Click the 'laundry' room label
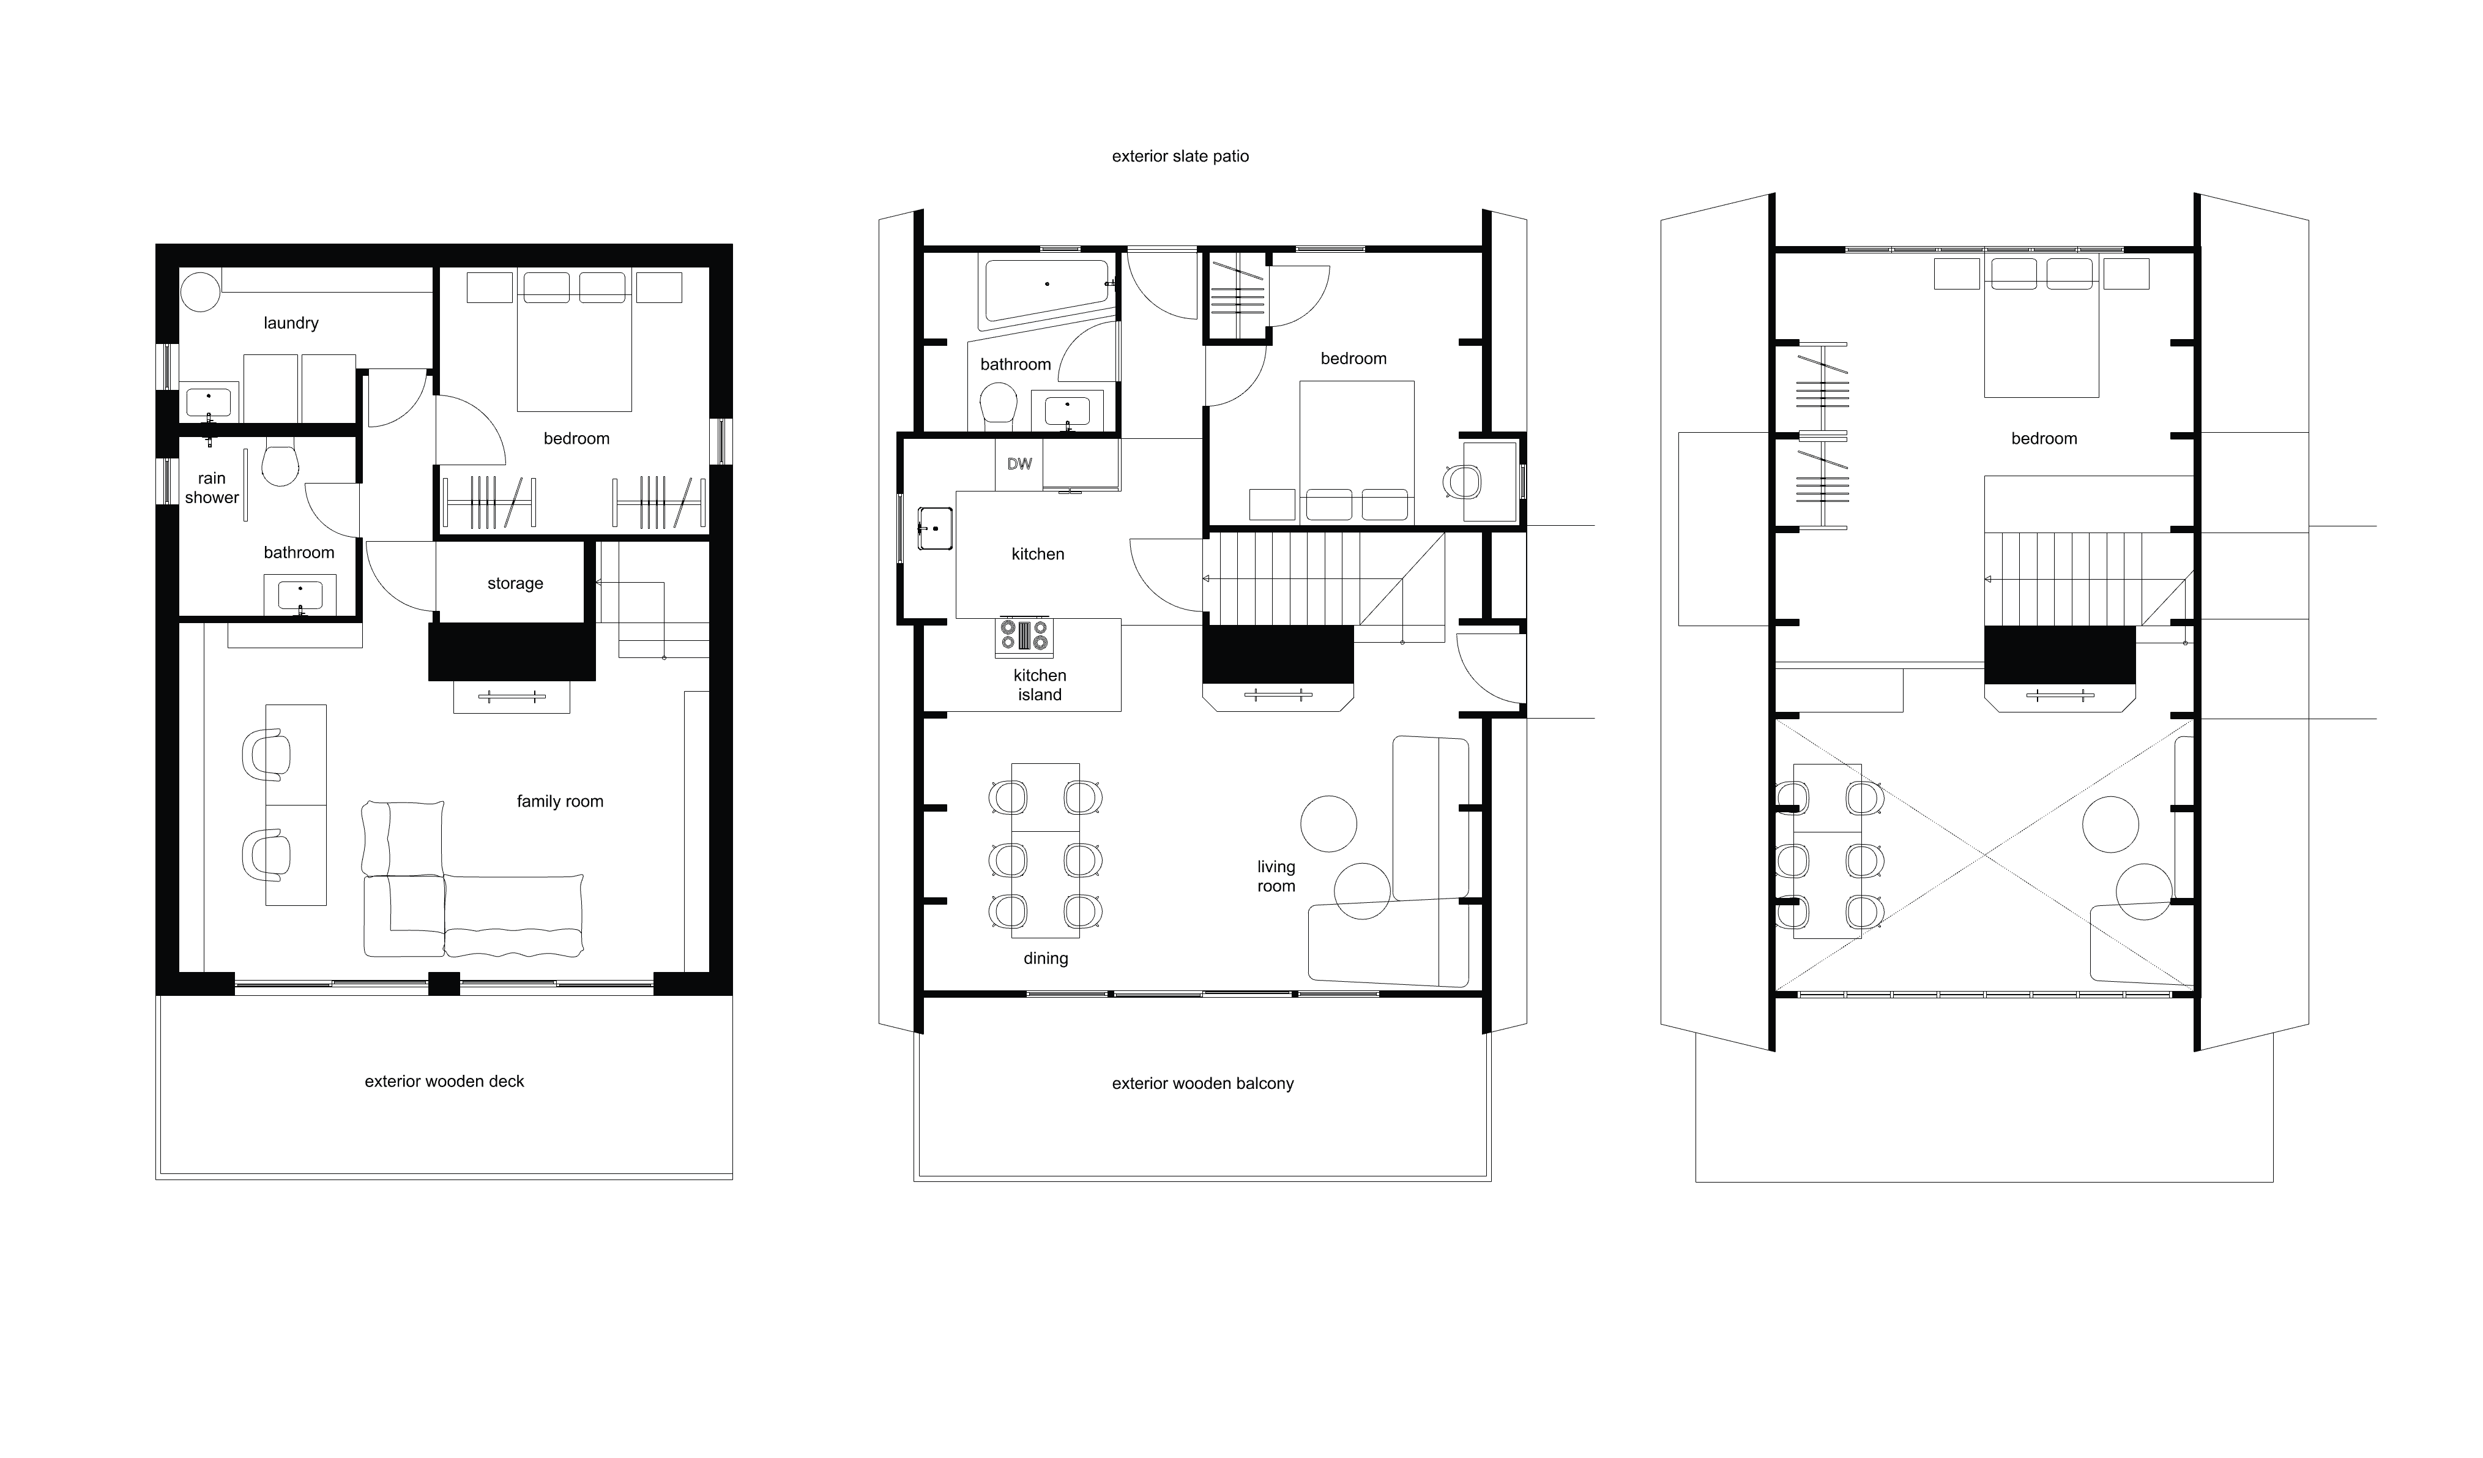click(291, 323)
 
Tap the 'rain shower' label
click(212, 488)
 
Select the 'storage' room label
click(515, 583)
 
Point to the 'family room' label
click(560, 801)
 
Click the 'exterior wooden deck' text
click(444, 1082)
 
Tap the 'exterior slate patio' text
click(1180, 155)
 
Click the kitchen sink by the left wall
click(934, 528)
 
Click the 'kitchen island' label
click(1040, 685)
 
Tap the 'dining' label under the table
click(1046, 958)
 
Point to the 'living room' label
click(1276, 877)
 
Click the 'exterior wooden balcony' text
click(1202, 1083)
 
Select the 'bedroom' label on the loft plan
click(2044, 439)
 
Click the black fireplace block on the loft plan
click(2060, 654)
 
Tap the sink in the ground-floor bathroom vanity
click(300, 596)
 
